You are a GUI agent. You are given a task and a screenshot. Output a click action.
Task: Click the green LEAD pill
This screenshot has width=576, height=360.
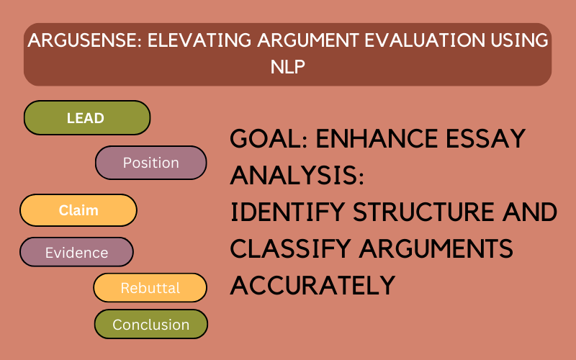(87, 117)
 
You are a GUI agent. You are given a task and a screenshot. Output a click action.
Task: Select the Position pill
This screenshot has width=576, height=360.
(151, 163)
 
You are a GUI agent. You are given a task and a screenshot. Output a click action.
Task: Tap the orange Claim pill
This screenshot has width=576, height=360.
(78, 210)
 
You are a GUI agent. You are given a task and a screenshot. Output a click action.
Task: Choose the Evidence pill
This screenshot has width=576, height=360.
(76, 252)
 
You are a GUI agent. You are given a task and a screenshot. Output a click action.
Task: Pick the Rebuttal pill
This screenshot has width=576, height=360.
(150, 287)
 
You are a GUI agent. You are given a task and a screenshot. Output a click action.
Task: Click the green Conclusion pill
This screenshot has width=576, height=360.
(151, 324)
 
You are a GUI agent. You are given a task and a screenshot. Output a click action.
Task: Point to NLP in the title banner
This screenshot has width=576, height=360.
(287, 67)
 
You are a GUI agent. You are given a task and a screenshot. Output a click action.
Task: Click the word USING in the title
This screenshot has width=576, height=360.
(519, 40)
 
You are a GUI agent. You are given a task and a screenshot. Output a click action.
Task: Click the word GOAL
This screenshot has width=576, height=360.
(269, 138)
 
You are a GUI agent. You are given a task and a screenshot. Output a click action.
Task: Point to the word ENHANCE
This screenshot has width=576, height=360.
(377, 138)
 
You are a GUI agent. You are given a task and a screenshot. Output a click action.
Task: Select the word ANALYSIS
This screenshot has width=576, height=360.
(297, 175)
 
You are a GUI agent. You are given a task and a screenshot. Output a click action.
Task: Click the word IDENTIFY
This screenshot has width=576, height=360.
(287, 212)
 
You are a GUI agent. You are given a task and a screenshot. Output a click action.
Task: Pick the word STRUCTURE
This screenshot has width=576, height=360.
(423, 212)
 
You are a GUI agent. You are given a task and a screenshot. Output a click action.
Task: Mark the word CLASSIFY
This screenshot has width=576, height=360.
(290, 248)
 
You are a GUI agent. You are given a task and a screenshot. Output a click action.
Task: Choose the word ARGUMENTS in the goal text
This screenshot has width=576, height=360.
(436, 248)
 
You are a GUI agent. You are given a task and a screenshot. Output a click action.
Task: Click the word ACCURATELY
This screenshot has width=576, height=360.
(312, 285)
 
